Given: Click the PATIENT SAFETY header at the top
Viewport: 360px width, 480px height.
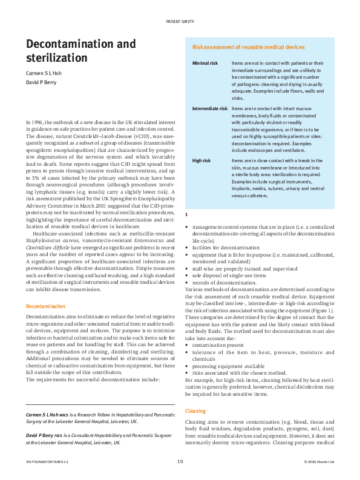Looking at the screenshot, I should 180,22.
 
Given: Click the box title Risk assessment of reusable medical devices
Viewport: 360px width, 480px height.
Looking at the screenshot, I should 248,47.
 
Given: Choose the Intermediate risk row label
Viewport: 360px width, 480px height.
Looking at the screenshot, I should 210,108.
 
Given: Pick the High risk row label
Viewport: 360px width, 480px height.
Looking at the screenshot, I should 202,161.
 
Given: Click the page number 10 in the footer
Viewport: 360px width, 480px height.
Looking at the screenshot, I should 180,462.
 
